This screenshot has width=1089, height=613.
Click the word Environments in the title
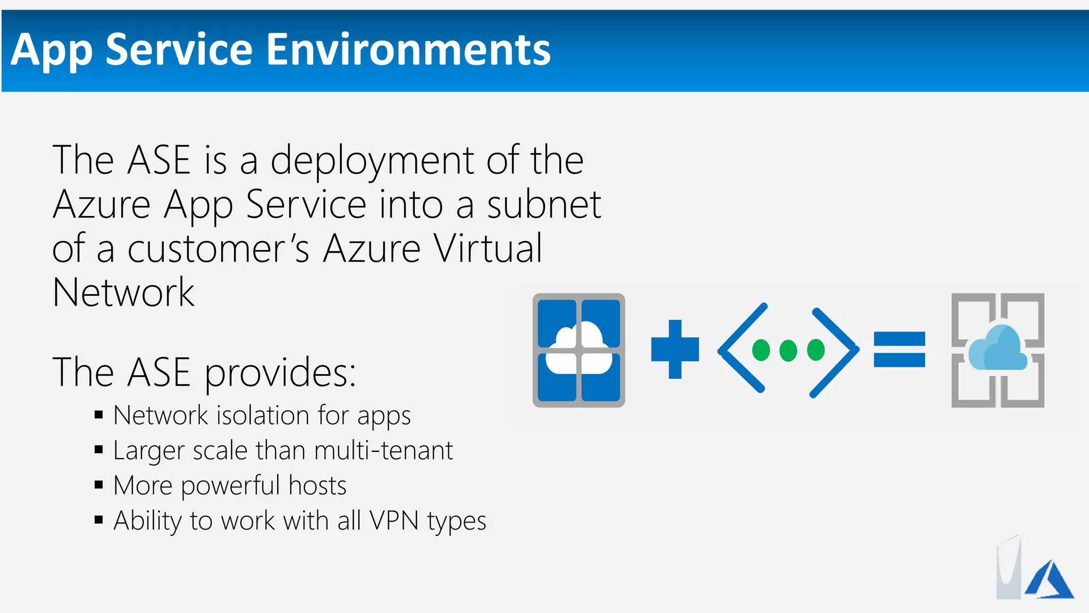click(408, 50)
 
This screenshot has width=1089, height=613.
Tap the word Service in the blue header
click(179, 50)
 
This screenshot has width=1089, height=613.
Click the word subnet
click(544, 205)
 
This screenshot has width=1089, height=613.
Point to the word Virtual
click(488, 249)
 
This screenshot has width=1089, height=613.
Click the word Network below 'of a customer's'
click(124, 293)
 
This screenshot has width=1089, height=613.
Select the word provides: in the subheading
click(280, 372)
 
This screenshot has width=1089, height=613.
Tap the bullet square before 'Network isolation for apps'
click(98, 415)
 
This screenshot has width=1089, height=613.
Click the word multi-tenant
click(383, 451)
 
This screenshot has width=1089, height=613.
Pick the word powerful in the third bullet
click(230, 486)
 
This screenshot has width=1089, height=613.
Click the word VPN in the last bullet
click(394, 521)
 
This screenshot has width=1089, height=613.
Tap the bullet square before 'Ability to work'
click(98, 520)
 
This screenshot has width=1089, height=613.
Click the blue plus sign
click(675, 349)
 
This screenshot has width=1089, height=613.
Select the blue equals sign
click(899, 350)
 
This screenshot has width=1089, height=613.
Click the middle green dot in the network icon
click(788, 350)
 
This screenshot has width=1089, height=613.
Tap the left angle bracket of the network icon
click(741, 349)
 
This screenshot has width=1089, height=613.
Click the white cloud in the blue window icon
click(579, 349)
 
